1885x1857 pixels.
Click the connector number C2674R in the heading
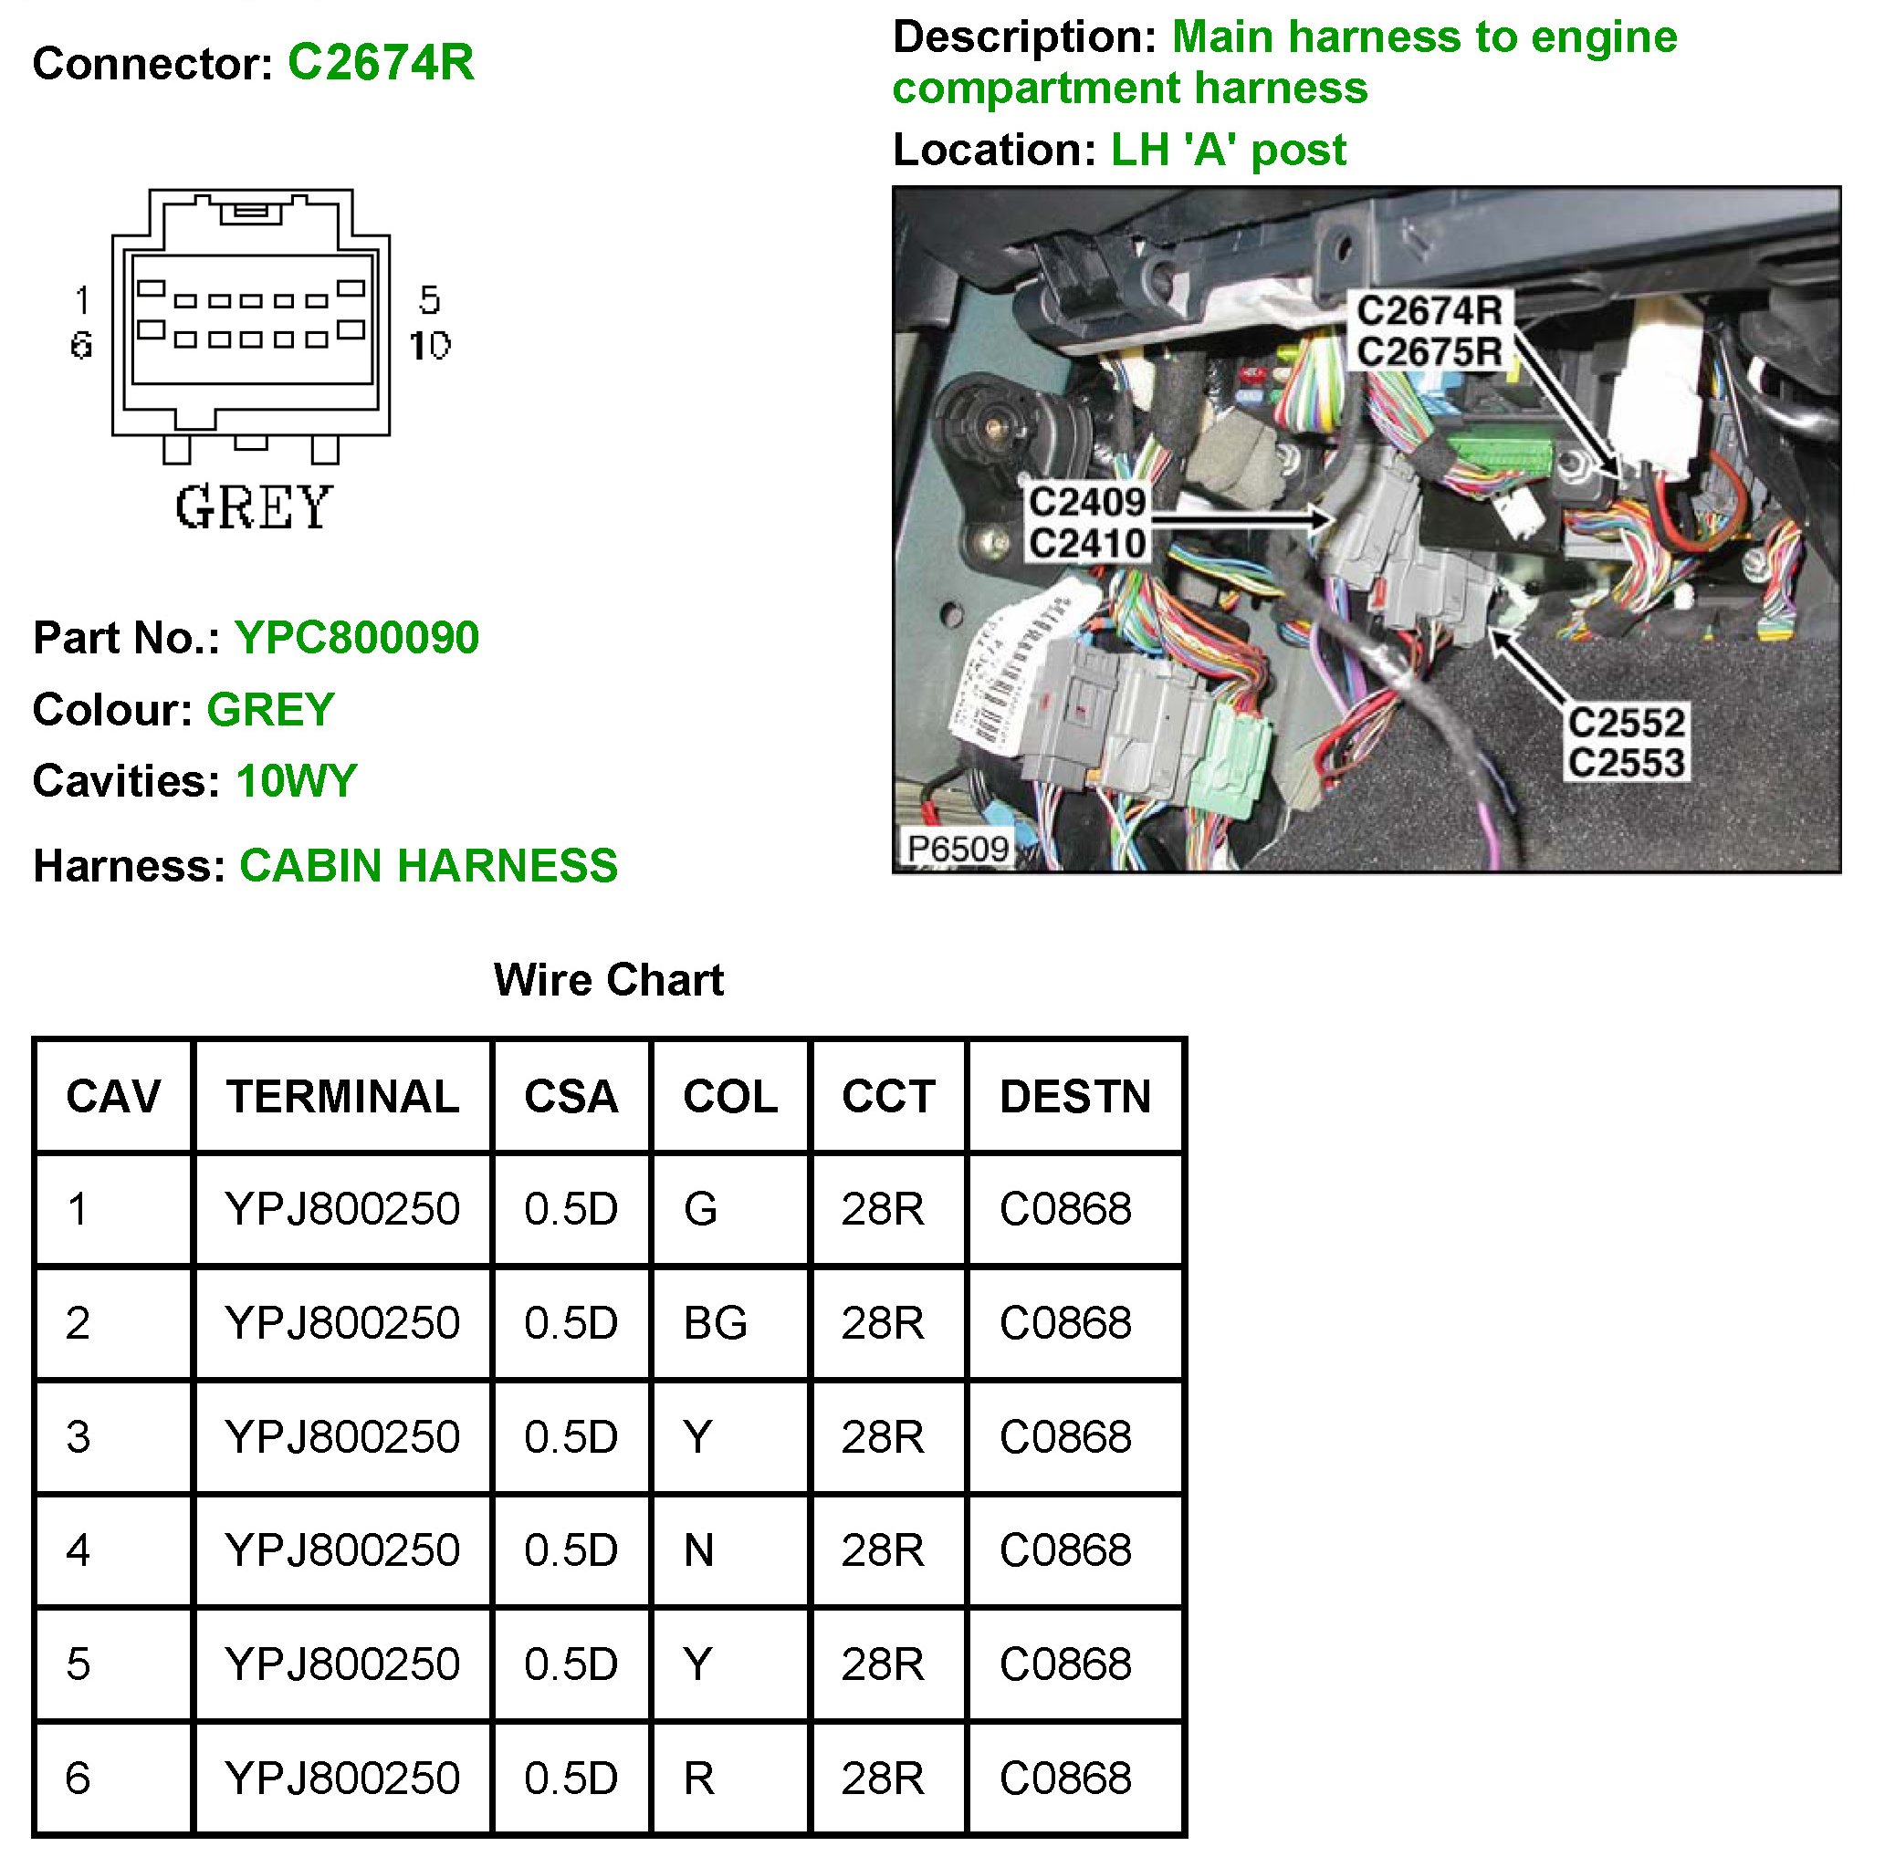coord(381,63)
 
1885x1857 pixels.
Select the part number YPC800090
coord(357,638)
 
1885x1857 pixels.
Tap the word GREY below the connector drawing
coord(254,508)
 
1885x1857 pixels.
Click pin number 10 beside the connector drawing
coord(429,345)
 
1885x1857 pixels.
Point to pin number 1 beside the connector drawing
coord(82,300)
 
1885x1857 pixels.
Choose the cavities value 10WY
coord(297,781)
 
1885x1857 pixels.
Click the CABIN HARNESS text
coord(428,866)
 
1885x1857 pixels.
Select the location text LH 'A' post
coord(1229,151)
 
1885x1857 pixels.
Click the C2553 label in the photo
coord(1627,763)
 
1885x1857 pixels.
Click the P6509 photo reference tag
coord(958,849)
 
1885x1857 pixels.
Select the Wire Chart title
coord(609,980)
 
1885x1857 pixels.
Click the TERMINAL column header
coord(342,1096)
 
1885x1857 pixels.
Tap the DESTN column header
coord(1075,1096)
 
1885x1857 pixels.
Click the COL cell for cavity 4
coord(698,1550)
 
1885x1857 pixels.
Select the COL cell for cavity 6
coord(698,1778)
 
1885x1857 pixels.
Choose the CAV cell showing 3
coord(79,1437)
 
